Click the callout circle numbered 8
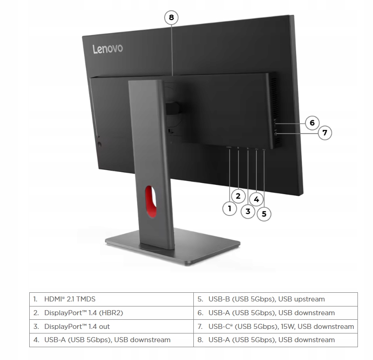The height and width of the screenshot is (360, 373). pos(171,18)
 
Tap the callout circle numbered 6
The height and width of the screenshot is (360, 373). pos(312,123)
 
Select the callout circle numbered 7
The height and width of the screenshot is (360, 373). pos(325,133)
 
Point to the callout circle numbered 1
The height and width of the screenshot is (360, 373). pos(229,209)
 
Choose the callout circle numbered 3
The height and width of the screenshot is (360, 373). pos(248,211)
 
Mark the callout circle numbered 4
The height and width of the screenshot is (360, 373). pos(256,199)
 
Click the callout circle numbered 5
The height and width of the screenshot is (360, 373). pos(264,214)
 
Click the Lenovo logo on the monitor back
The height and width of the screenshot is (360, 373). pos(108,48)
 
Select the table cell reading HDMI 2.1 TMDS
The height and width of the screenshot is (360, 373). pos(112,299)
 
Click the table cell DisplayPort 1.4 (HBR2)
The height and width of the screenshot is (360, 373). pos(112,313)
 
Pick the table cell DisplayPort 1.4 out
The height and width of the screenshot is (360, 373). pos(112,327)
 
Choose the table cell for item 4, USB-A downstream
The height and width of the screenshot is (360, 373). pos(112,340)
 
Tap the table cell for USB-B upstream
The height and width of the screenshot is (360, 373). pos(275,299)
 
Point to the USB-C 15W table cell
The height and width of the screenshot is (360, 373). pos(275,327)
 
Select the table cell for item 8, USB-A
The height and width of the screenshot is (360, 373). pos(275,340)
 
